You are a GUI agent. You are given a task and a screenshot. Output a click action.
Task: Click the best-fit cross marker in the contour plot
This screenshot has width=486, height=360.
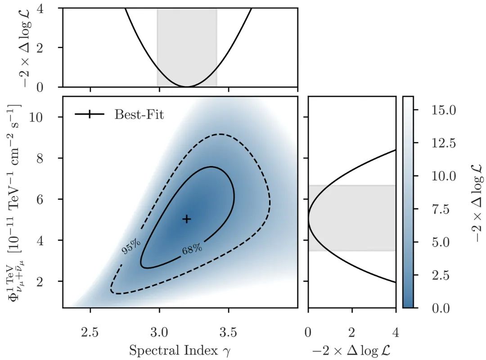(187, 219)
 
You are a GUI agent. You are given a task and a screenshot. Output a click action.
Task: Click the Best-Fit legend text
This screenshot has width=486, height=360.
(139, 114)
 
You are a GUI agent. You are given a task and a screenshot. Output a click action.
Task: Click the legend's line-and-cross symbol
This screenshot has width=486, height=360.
(90, 114)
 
